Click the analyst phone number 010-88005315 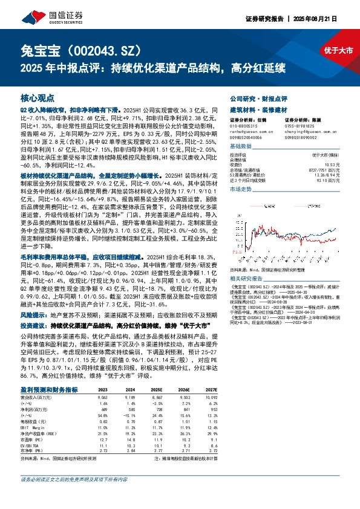(244, 126)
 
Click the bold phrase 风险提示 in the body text (32, 315)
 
